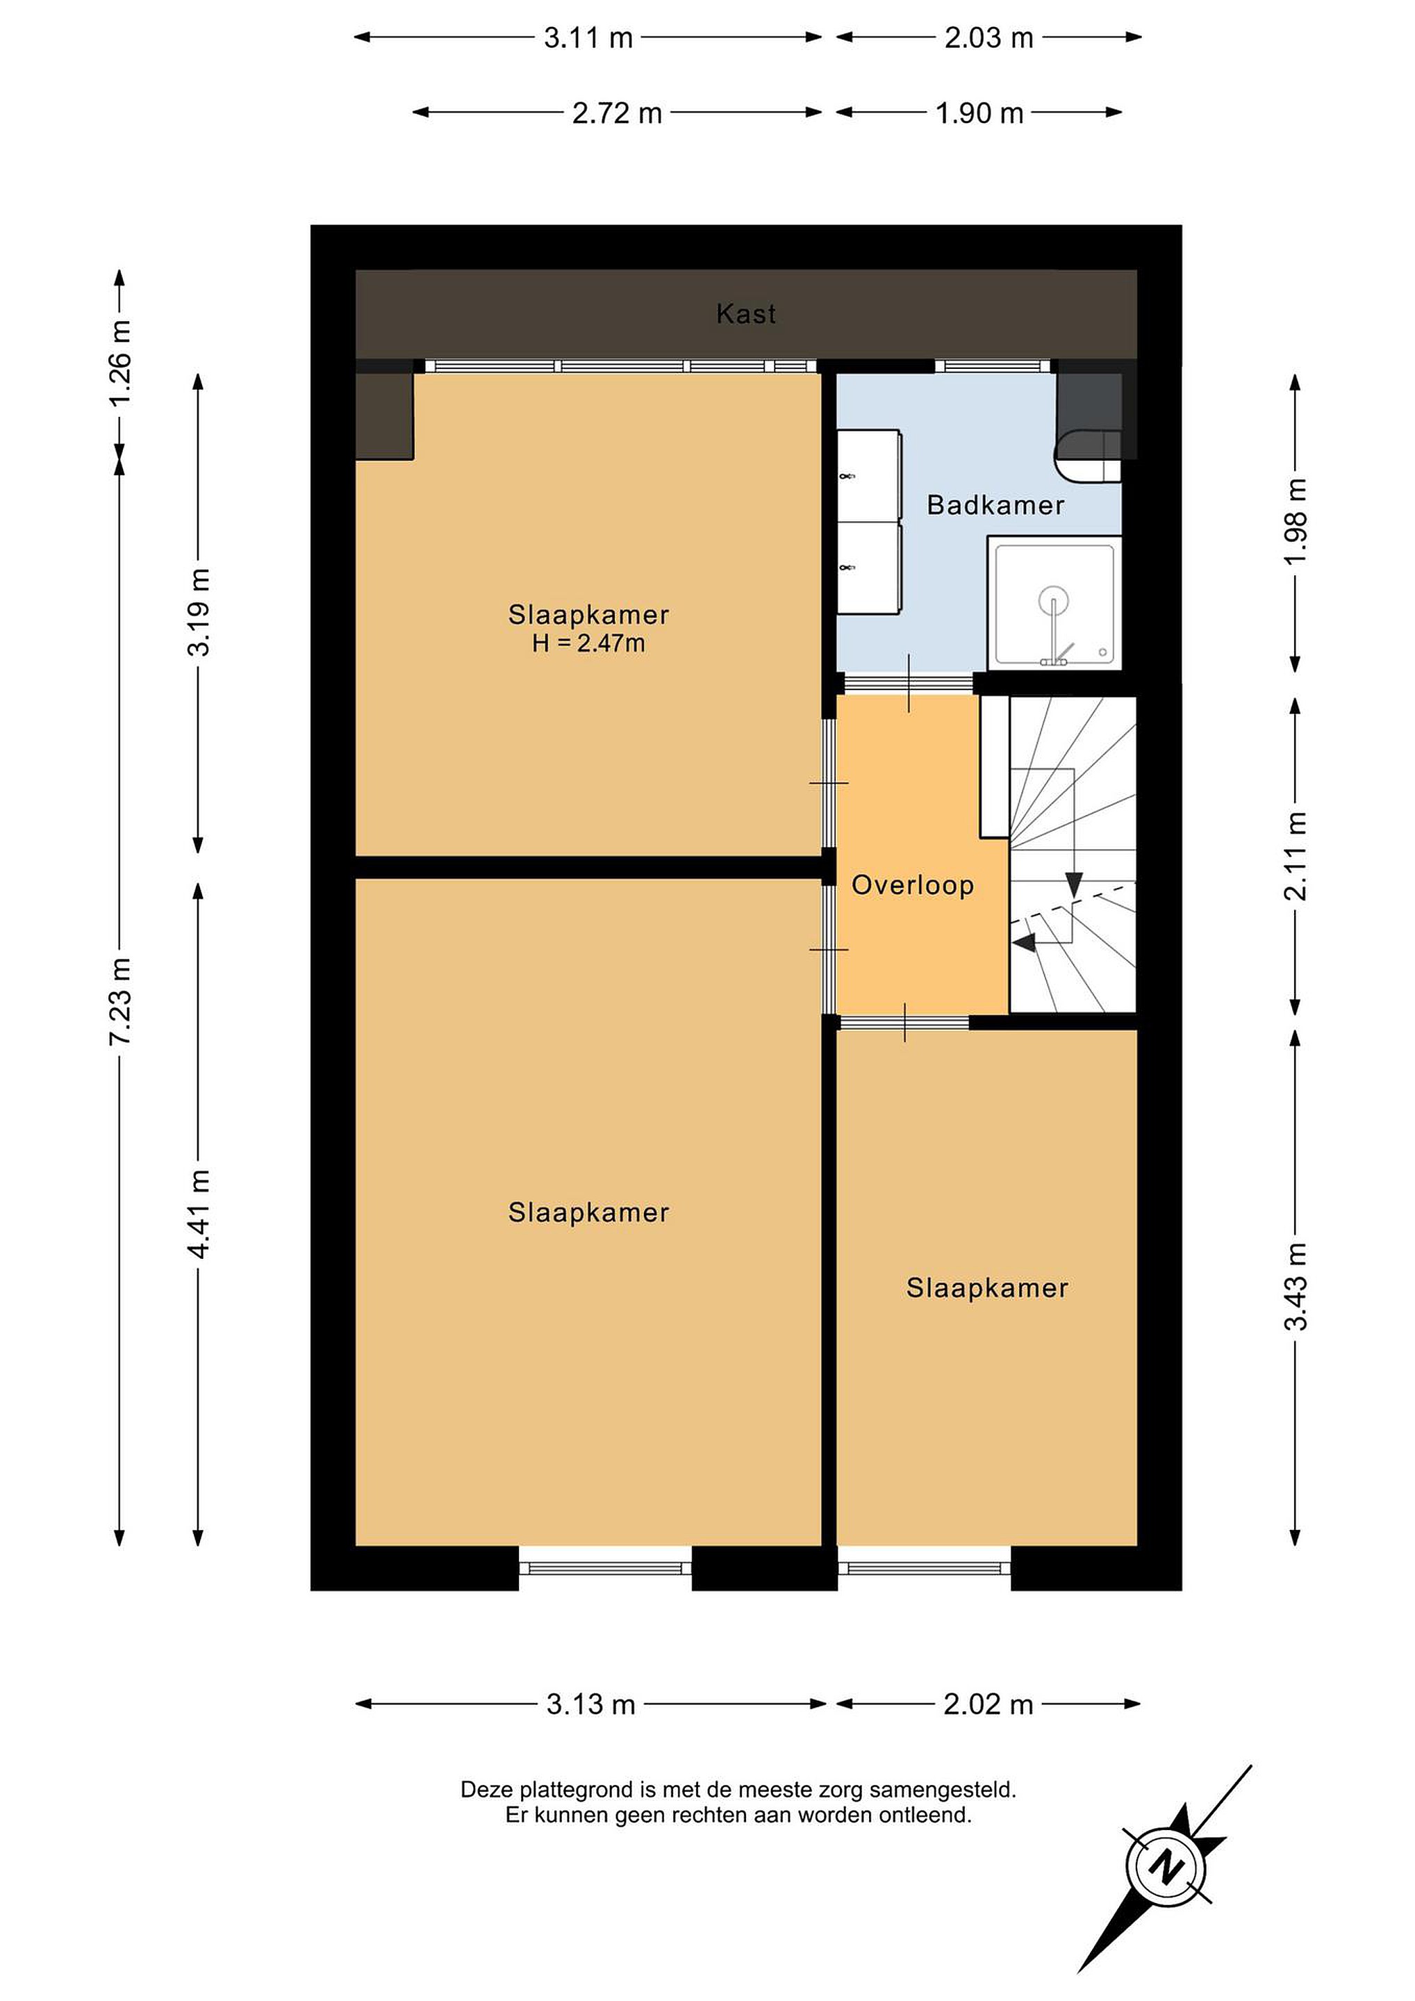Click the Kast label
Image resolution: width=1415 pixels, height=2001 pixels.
[746, 314]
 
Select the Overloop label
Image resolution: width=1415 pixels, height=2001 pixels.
[912, 885]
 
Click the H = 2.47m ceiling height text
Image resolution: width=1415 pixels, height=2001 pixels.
[589, 644]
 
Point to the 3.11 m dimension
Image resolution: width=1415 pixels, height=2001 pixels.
[588, 38]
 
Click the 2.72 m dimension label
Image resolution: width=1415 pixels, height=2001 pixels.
[617, 113]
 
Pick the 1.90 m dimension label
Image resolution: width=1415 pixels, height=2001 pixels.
[979, 113]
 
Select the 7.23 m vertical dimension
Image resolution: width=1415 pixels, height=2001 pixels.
[119, 1000]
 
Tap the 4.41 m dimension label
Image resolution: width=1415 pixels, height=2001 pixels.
[199, 1214]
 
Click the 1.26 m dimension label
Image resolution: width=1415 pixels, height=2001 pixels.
[119, 362]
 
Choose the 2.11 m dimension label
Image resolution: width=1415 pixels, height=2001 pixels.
[1296, 857]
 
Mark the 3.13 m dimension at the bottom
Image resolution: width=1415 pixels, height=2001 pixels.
[590, 1704]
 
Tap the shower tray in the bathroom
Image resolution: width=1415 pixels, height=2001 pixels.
[1054, 602]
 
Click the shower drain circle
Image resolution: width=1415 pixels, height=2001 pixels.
[1053, 600]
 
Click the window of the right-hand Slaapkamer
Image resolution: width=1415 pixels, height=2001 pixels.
[925, 1569]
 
